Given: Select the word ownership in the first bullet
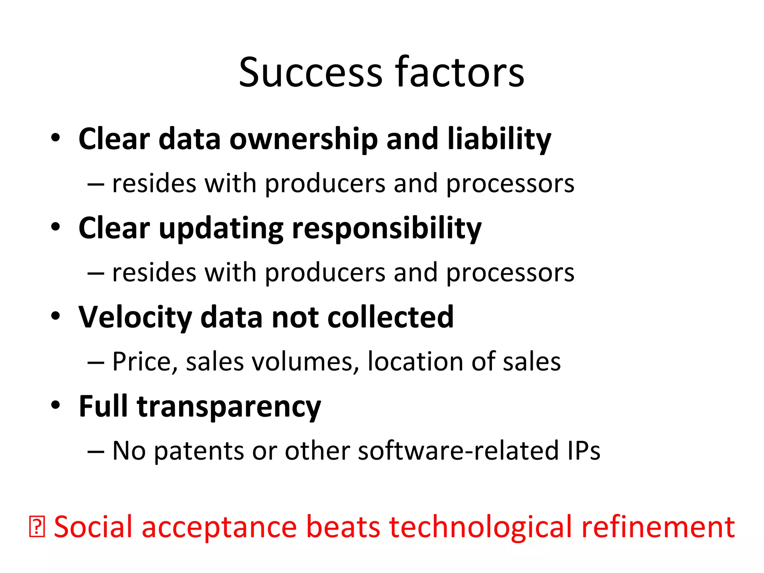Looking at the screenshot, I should [304, 139].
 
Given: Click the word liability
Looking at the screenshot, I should [499, 139].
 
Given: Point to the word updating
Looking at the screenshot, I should [221, 229].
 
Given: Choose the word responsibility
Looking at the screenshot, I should [387, 229].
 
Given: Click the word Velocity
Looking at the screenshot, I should [135, 317].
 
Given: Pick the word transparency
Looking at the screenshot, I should [229, 407].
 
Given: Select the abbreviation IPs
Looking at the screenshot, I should [584, 451].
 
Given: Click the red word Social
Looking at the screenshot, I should [93, 527].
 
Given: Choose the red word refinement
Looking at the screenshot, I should [658, 527].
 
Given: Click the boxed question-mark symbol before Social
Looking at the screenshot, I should [37, 527].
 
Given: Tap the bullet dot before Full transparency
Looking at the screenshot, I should [56, 405].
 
